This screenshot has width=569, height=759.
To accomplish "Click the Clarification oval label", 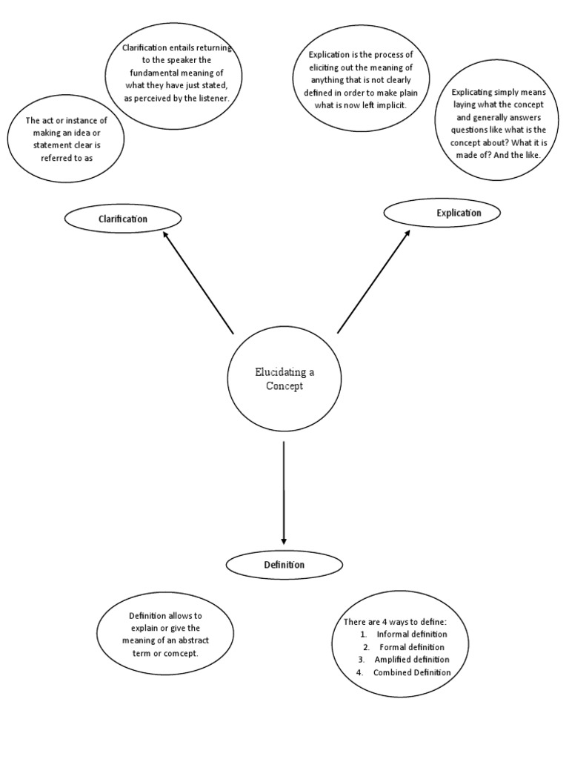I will (123, 219).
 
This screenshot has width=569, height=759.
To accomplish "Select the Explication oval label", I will (442, 213).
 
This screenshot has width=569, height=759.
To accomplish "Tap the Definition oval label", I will (284, 565).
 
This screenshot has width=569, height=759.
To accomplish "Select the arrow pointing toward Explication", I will (373, 282).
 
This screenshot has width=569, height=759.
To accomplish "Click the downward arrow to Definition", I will (284, 493).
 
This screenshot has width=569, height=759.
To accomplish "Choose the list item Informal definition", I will (412, 634).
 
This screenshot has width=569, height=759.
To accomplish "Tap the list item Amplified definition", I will (412, 660).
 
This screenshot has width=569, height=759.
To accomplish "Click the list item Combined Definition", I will (412, 672).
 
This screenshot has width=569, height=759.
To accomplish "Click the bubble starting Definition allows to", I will (170, 634).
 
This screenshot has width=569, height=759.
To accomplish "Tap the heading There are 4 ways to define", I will (395, 621).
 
